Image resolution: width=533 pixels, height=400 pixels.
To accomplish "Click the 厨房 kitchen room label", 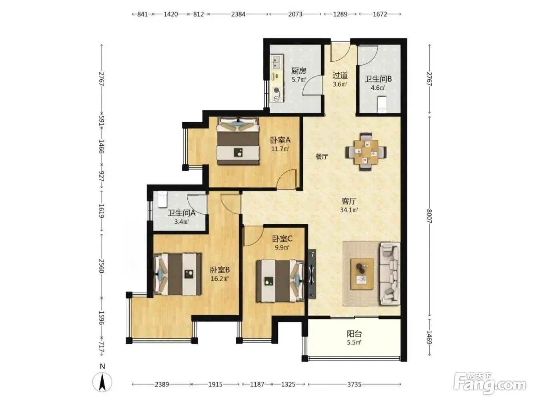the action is coord(299,71).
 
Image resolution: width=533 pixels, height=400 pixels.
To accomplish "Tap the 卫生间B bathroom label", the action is coord(378,79).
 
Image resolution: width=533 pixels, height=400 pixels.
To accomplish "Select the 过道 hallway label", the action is coord(340,75).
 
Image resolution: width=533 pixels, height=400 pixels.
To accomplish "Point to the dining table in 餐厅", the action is coord(366,152).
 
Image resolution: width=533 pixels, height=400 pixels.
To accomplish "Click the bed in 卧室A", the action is coord(238,141).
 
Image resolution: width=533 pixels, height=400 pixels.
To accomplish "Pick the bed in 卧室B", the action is coord(178,274).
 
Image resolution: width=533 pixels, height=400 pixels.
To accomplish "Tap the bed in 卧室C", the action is coord(281,281).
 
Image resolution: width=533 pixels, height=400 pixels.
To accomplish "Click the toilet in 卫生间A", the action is coord(162,199).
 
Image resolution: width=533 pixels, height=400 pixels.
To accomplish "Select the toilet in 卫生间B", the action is coord(382,105).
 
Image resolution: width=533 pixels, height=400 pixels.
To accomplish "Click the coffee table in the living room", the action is coord(362,274).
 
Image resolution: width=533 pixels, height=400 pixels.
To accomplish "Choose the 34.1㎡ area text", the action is coord(349,210).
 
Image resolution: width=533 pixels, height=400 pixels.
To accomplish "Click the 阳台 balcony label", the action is coord(354,334).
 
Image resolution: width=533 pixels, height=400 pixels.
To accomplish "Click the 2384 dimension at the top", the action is coord(238,14).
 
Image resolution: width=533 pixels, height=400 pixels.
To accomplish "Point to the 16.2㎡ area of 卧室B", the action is coord(220,278).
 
